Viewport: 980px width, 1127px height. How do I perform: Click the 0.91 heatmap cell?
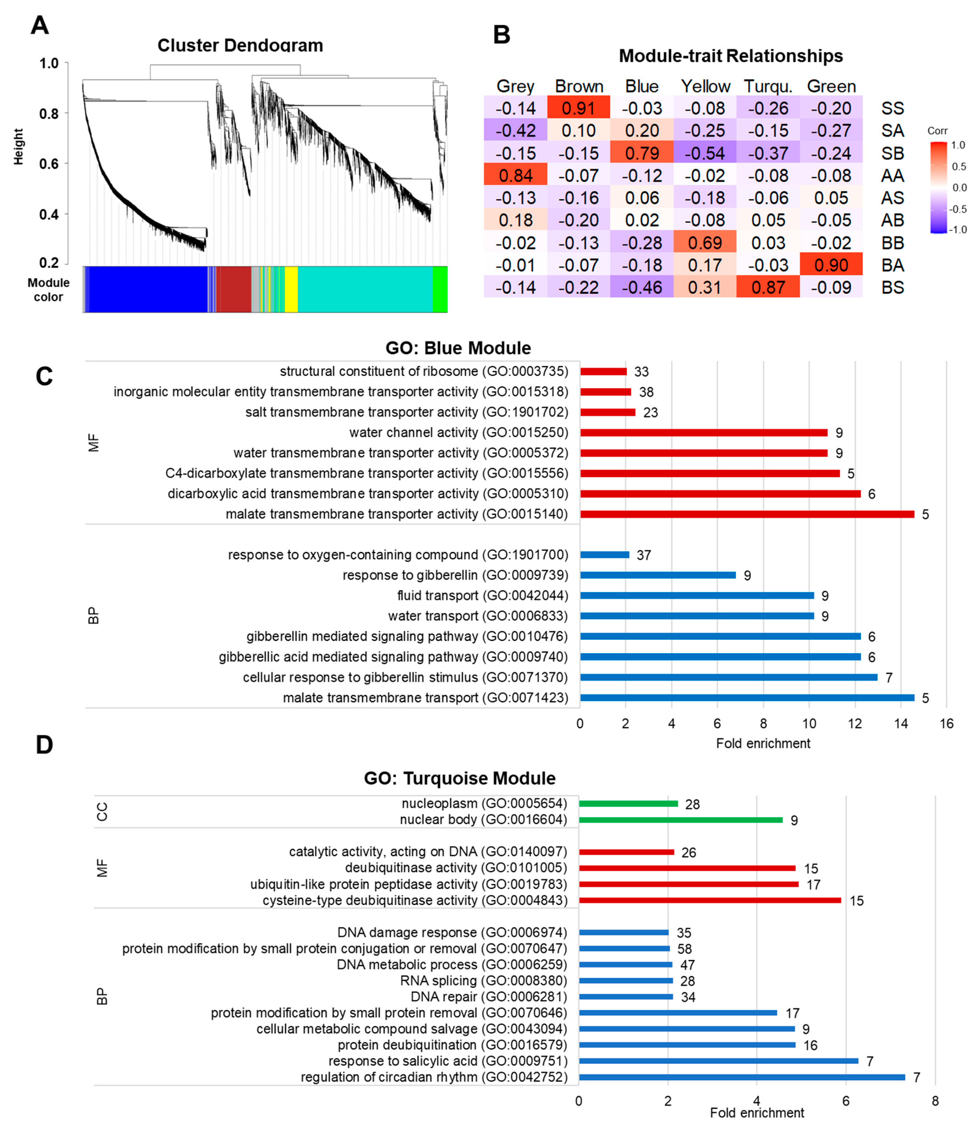(x=578, y=108)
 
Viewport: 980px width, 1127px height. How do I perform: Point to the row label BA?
(x=892, y=265)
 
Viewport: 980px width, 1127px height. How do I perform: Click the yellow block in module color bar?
(x=291, y=289)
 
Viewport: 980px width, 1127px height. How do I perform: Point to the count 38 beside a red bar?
(x=646, y=392)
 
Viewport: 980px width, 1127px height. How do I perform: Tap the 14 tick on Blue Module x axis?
(x=901, y=723)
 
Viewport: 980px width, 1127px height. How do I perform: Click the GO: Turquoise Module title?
(x=459, y=778)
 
